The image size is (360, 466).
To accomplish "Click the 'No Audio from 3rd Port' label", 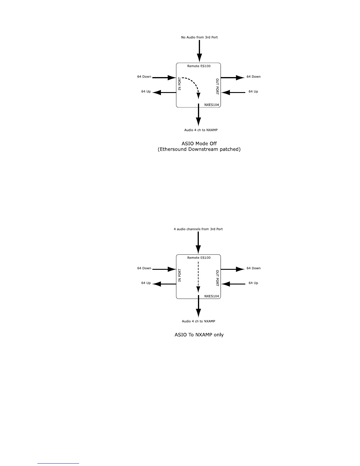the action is (x=199, y=37).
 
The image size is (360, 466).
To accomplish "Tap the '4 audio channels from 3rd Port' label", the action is (x=198, y=229).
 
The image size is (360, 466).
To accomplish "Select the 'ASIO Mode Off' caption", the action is (x=199, y=144).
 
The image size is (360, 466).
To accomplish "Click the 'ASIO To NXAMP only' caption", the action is (x=199, y=335).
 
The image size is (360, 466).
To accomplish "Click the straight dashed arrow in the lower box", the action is (x=199, y=277).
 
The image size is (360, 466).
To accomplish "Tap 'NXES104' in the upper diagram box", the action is (x=212, y=105).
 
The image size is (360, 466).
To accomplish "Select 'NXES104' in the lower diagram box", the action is (x=212, y=296).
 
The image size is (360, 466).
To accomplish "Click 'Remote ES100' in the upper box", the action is (x=199, y=66).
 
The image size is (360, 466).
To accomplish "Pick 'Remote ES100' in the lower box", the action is (x=199, y=258).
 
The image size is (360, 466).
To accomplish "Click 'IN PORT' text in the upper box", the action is (x=180, y=84).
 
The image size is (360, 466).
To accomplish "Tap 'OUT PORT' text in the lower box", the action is (x=217, y=278).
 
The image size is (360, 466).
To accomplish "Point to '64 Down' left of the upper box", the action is (x=144, y=77).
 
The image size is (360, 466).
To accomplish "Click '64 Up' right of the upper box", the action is (x=253, y=91).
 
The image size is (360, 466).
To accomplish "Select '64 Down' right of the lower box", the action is (x=254, y=268).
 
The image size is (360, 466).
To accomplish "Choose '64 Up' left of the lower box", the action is (x=146, y=283).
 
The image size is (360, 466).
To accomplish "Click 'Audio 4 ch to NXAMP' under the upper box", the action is (x=201, y=130).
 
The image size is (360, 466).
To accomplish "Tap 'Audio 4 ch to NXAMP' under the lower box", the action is (x=199, y=321).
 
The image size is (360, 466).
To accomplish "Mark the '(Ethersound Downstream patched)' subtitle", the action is (x=199, y=149).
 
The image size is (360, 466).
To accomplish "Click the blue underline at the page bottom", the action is (x=58, y=463).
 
